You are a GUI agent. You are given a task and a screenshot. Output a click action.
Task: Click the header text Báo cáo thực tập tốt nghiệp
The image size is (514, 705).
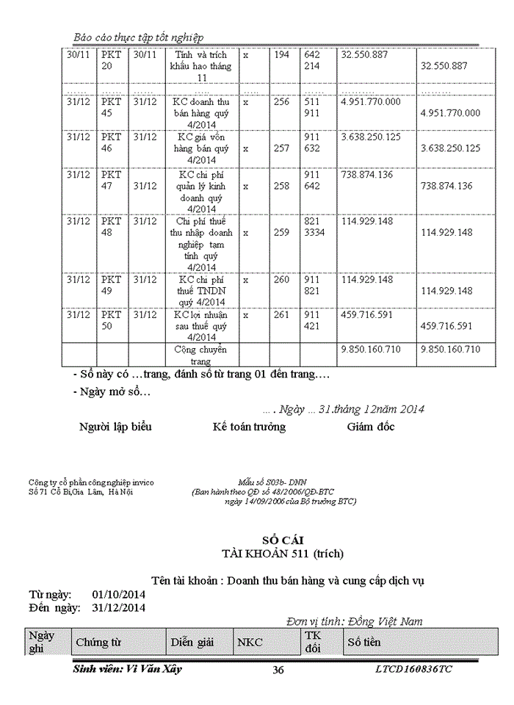139,37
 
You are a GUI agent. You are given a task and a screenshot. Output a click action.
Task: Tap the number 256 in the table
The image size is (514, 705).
281,102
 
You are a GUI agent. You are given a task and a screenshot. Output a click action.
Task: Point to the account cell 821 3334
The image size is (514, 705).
314,227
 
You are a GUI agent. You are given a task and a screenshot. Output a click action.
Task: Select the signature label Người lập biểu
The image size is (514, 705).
115,427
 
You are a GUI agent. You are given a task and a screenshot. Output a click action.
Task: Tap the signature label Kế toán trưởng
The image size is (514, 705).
249,427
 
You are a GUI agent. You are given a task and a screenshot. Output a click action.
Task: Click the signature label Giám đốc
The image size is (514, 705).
371,427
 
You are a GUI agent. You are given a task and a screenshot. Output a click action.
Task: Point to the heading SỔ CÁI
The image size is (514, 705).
277,540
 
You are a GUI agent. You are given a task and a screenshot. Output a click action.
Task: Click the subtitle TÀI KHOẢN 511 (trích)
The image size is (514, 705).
277,553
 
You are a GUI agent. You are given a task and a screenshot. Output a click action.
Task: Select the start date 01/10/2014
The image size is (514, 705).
119,594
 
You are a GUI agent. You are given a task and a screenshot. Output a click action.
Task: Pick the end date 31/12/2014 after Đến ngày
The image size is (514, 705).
119,607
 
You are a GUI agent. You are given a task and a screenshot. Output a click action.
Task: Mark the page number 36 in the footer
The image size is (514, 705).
278,669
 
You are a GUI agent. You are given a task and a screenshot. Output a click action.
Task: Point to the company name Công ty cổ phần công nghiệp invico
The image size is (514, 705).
91,482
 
